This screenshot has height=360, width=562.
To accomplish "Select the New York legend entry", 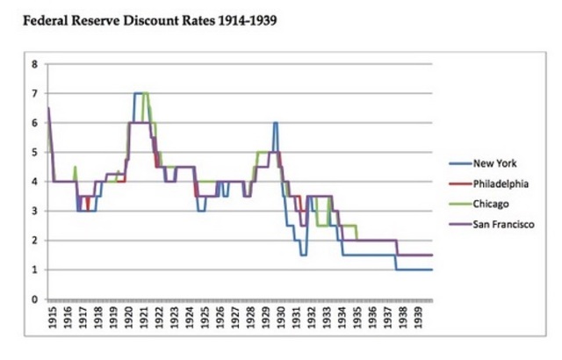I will (494, 163).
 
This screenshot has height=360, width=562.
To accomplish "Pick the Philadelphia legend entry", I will (500, 183).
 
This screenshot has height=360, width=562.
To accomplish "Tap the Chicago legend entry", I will (491, 204).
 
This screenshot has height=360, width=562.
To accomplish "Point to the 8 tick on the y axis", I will (34, 64).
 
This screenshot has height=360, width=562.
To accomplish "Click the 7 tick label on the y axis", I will (34, 93).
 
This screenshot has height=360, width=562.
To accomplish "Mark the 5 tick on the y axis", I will (34, 152).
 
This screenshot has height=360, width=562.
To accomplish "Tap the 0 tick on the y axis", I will (34, 299).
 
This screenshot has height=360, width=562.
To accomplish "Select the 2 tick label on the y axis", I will (34, 241).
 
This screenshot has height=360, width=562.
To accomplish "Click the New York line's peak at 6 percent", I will (276, 123).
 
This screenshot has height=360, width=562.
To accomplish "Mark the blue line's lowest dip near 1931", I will (302, 255).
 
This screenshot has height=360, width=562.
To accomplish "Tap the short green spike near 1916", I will (75, 167).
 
